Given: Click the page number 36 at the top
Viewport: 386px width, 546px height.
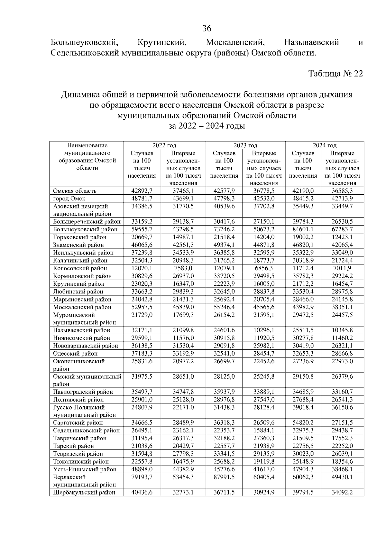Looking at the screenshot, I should pyautogui.click(x=207, y=29).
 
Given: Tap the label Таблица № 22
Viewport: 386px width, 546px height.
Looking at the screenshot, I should pyautogui.click(x=335, y=74).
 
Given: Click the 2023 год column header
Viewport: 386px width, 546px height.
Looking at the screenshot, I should pyautogui.click(x=245, y=145).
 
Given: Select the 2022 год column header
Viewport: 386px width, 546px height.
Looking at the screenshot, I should pyautogui.click(x=164, y=145).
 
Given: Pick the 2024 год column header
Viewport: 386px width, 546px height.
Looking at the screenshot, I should pyautogui.click(x=325, y=145).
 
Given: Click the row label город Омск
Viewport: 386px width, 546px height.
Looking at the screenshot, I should pyautogui.click(x=69, y=199).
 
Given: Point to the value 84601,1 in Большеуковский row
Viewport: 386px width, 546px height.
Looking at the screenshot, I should pyautogui.click(x=303, y=229).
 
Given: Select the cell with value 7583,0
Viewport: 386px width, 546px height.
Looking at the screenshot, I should pyautogui.click(x=183, y=268).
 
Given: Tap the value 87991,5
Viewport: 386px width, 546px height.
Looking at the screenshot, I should pyautogui.click(x=224, y=477).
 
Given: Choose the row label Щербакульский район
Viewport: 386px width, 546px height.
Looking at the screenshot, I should pyautogui.click(x=84, y=493).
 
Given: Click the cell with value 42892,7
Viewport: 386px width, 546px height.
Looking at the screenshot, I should pyautogui.click(x=142, y=191).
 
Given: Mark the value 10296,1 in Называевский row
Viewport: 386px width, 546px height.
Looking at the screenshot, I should pyautogui.click(x=263, y=330).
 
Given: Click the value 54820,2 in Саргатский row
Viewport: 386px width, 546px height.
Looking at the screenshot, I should pyautogui.click(x=303, y=423).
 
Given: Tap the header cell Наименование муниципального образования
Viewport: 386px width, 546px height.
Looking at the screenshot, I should pyautogui.click(x=86, y=157).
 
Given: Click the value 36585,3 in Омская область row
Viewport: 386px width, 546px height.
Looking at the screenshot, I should pyautogui.click(x=342, y=191).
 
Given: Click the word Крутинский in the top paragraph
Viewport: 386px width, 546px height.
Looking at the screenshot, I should pyautogui.click(x=162, y=42).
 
